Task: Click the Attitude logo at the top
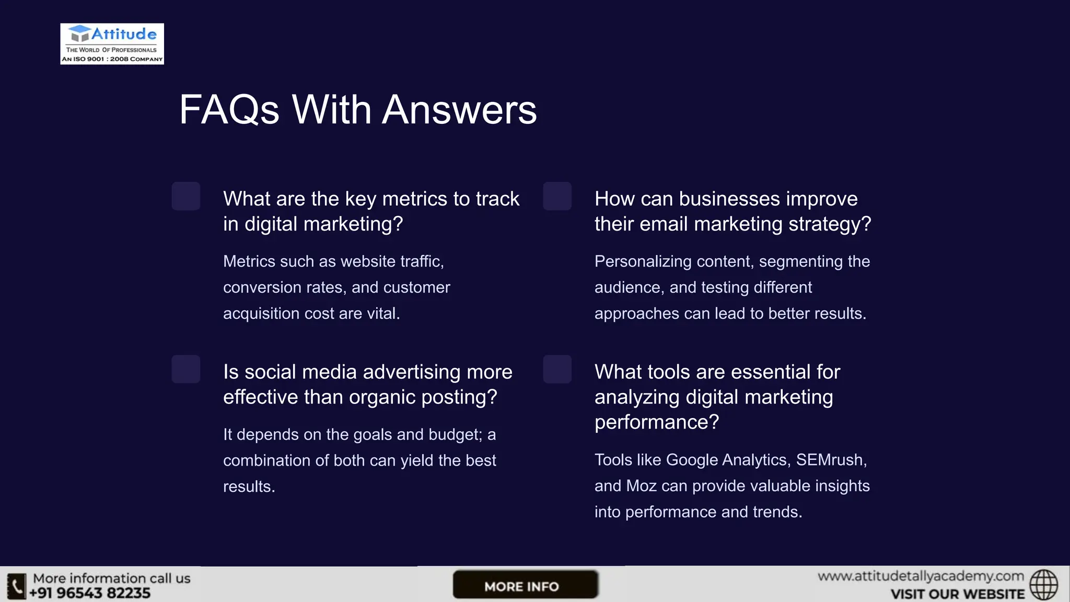pyautogui.click(x=112, y=44)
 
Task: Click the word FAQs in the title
pyautogui.click(x=229, y=110)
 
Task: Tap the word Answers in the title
pyautogui.click(x=459, y=110)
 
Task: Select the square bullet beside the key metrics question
pyautogui.click(x=186, y=196)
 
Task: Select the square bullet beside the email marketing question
pyautogui.click(x=557, y=196)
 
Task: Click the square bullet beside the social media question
pyautogui.click(x=186, y=369)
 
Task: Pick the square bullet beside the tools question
pyautogui.click(x=557, y=369)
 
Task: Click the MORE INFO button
pyautogui.click(x=525, y=585)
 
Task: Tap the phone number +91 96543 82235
pyautogui.click(x=90, y=593)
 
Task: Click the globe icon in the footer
pyautogui.click(x=1043, y=585)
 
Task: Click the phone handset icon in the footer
pyautogui.click(x=16, y=586)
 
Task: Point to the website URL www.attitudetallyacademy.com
pyautogui.click(x=921, y=576)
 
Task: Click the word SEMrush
pyautogui.click(x=830, y=460)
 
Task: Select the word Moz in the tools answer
pyautogui.click(x=641, y=486)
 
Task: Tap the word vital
pyautogui.click(x=383, y=314)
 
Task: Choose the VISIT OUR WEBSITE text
pyautogui.click(x=957, y=594)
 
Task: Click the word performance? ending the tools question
pyautogui.click(x=656, y=422)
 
